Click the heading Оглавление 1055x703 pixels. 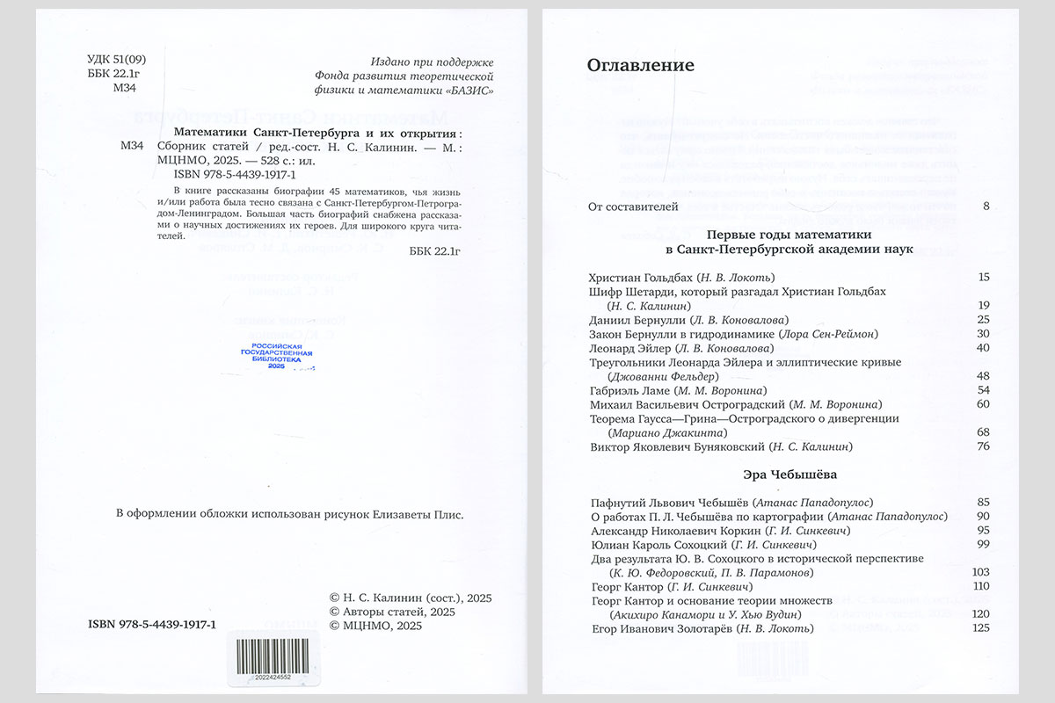(x=640, y=65)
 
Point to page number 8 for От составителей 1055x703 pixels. (x=986, y=207)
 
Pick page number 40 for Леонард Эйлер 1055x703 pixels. (x=983, y=348)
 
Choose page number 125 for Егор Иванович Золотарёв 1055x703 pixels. (x=981, y=628)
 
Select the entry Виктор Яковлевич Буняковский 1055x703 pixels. (x=720, y=447)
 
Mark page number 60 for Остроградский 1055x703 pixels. (x=983, y=404)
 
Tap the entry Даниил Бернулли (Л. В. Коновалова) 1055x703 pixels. (x=689, y=320)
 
